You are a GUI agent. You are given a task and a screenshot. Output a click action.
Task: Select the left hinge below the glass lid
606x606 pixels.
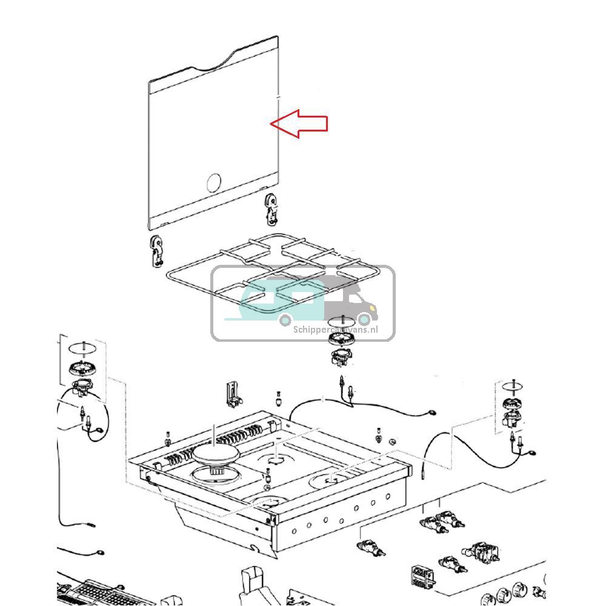click(157, 251)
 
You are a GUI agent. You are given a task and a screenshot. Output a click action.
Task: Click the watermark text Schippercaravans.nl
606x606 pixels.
click(335, 330)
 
